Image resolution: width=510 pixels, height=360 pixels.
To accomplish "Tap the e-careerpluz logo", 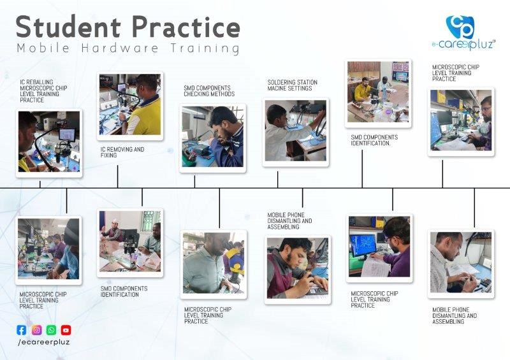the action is [x=463, y=33].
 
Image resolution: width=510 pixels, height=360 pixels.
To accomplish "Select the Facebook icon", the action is [x=22, y=330].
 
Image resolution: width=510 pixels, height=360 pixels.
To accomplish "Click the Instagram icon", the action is [x=37, y=330].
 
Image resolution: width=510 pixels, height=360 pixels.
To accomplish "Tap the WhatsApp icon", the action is [x=52, y=330].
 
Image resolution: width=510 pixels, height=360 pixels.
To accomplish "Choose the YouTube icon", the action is [x=66, y=330].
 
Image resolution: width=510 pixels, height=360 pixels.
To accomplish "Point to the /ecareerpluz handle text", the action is [x=43, y=342].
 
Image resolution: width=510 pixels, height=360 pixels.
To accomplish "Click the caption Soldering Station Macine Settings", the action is [x=292, y=85].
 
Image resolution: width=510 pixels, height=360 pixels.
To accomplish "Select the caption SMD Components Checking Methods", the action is [x=209, y=90].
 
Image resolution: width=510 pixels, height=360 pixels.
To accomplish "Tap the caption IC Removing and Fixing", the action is [x=122, y=152].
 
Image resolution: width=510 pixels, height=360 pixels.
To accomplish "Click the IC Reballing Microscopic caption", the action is [x=43, y=91].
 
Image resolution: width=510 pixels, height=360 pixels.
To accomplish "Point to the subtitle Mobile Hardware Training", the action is [x=128, y=48].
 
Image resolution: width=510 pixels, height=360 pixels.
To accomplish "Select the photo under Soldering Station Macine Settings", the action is [x=296, y=131].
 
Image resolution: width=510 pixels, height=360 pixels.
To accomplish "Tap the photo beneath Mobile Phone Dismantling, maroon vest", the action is [x=298, y=268].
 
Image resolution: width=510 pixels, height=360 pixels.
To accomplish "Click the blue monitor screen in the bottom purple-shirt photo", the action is [x=363, y=245].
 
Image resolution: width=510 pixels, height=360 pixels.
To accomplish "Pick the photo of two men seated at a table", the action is [x=130, y=241].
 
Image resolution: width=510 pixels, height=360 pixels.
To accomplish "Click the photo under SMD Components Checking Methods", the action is [x=213, y=137].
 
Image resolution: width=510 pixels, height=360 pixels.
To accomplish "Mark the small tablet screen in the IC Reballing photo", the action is [x=67, y=134].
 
